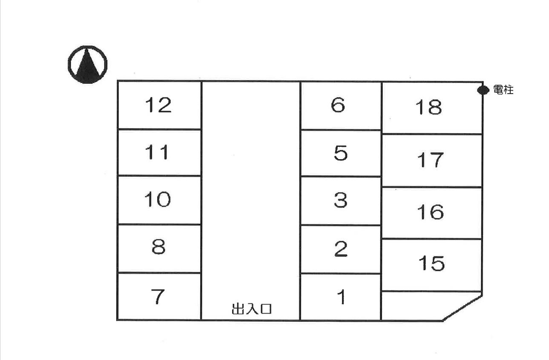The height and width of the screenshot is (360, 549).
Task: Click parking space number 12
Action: click(159, 105)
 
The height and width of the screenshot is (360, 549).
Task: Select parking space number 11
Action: click(159, 152)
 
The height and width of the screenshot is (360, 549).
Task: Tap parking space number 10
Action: click(159, 200)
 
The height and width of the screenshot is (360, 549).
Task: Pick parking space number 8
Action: click(159, 248)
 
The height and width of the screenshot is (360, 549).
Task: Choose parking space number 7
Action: click(159, 297)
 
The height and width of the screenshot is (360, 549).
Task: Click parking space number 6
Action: click(340, 105)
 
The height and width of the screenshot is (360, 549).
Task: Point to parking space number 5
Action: click(340, 153)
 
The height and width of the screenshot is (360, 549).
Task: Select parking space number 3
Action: click(340, 200)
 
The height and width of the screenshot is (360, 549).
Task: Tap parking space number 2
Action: click(340, 249)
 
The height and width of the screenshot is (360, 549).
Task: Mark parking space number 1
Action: click(340, 297)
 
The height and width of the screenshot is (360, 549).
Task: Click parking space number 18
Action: click(431, 107)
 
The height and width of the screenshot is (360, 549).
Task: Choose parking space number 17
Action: click(431, 160)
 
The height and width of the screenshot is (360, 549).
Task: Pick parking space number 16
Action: click(431, 212)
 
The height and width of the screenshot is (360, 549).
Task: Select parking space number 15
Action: click(431, 264)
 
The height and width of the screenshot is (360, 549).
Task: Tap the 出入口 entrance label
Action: click(251, 309)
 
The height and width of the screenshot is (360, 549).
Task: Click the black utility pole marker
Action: click(483, 90)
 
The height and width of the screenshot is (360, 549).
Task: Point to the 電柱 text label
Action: click(503, 90)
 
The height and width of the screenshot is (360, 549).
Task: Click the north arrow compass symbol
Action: click(87, 65)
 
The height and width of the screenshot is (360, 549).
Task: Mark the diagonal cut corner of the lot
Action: click(463, 307)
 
